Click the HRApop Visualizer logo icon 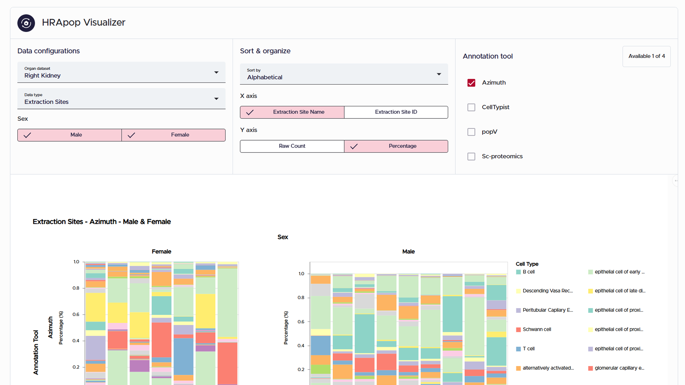point(26,23)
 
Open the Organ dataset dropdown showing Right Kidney point(121,72)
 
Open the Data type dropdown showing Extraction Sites point(121,99)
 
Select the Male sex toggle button point(70,135)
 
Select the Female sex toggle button point(174,135)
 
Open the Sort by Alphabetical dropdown point(344,74)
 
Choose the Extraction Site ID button point(396,112)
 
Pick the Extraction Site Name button point(292,112)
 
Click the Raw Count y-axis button point(292,146)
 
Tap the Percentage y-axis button point(396,146)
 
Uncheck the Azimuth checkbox point(471,83)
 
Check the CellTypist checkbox point(471,107)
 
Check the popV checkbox point(471,132)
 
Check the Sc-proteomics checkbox point(471,157)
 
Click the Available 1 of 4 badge point(646,56)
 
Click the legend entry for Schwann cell point(537,329)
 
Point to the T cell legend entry point(528,349)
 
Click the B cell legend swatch point(518,272)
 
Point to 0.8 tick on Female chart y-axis point(76,288)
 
